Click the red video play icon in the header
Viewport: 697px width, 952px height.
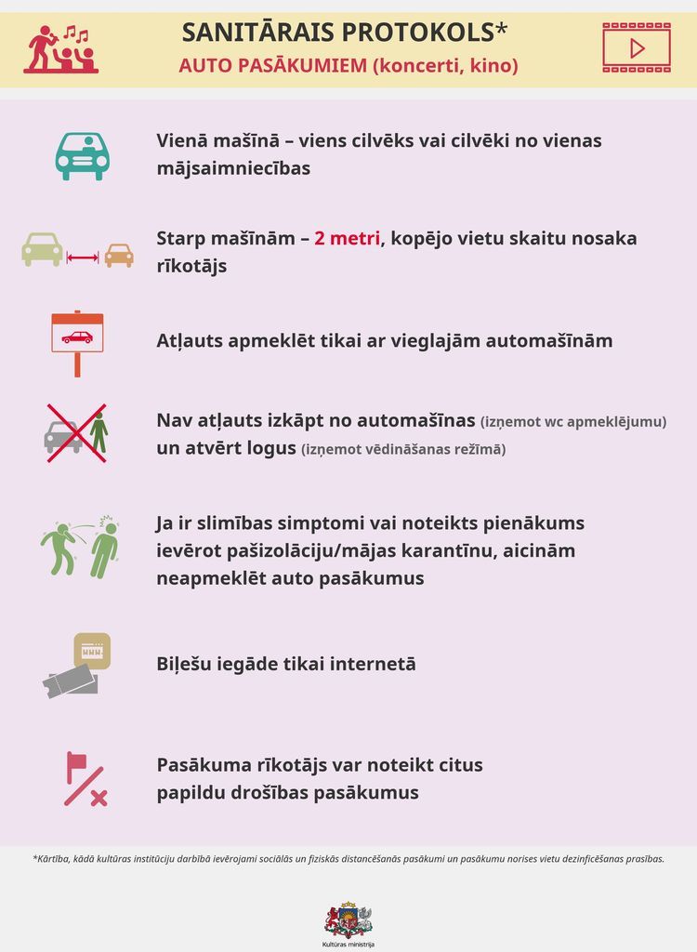click(x=636, y=48)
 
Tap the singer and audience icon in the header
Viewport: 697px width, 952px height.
click(x=61, y=49)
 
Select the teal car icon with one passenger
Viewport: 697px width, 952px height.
click(x=82, y=155)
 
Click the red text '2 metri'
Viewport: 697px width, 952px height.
click(x=347, y=238)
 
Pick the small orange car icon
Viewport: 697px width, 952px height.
click(x=118, y=255)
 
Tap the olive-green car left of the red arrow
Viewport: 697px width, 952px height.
click(x=42, y=249)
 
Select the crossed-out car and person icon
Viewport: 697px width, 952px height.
click(x=76, y=433)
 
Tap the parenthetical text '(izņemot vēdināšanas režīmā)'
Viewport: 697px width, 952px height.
click(x=403, y=450)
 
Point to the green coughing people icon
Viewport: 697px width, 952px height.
click(x=80, y=548)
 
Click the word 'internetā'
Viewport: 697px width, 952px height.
click(x=369, y=664)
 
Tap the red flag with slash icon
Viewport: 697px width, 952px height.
click(x=84, y=779)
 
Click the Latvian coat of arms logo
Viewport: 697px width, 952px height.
click(x=348, y=919)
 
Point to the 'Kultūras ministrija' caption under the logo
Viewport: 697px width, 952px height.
click(x=348, y=944)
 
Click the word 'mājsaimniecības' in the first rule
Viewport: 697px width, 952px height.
click(x=232, y=169)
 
